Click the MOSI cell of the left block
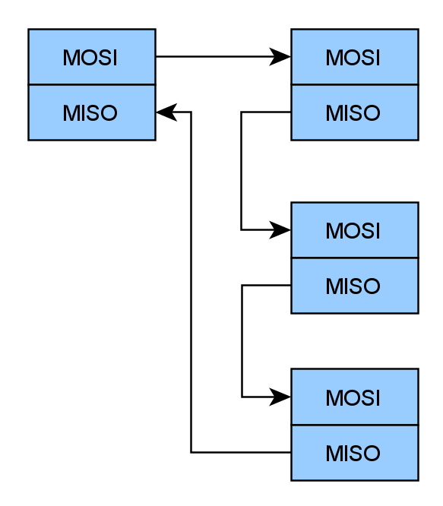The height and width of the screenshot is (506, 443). (92, 57)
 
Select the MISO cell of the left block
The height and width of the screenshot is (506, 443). (92, 112)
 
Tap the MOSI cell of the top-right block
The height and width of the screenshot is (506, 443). (355, 57)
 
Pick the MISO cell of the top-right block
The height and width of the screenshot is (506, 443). (355, 112)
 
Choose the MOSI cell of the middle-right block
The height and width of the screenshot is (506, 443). (355, 230)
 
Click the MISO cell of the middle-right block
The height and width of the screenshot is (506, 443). (355, 286)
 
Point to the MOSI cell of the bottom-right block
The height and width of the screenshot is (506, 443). (355, 397)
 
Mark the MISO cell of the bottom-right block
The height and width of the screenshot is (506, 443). (355, 453)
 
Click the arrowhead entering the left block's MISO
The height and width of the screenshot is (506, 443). (166, 112)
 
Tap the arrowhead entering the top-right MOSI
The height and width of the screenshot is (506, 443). (280, 57)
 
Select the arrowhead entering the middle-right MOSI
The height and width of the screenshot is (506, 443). (280, 230)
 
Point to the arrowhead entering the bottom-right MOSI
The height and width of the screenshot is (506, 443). (280, 397)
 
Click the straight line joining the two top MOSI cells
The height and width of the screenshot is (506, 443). (223, 57)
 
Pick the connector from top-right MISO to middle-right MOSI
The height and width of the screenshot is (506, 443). (241, 171)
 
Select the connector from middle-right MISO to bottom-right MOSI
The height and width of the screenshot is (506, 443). (242, 341)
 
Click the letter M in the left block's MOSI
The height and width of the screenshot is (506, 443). (71, 58)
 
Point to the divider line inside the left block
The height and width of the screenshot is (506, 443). (92, 85)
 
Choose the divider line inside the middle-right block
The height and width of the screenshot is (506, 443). (355, 258)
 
